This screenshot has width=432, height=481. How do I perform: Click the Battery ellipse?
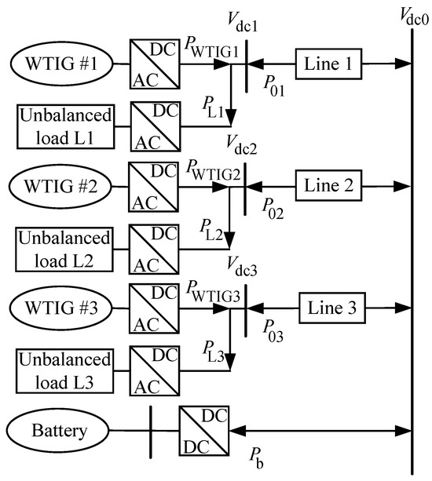pyautogui.click(x=60, y=430)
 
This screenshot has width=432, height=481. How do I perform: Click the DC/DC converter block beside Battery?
pyautogui.click(x=203, y=430)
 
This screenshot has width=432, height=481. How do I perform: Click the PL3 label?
pyautogui.click(x=214, y=351)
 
